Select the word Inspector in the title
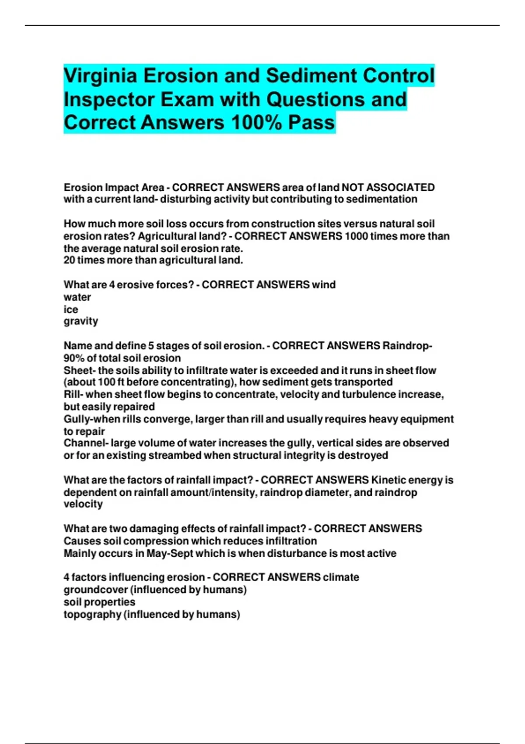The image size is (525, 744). click(109, 99)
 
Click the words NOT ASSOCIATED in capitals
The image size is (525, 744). click(388, 187)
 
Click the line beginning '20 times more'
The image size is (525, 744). click(153, 260)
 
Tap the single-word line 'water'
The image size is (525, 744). click(77, 297)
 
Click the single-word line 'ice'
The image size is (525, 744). click(71, 309)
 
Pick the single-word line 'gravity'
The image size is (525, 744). click(81, 321)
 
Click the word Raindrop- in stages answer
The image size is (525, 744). click(407, 346)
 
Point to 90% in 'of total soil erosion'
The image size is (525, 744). click(73, 358)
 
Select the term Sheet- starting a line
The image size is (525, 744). click(80, 370)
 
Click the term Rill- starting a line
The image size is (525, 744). click(73, 395)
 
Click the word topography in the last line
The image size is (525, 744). click(92, 614)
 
